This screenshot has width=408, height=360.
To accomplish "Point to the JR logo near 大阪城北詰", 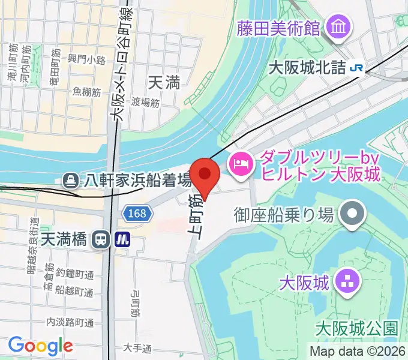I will pos(356,68).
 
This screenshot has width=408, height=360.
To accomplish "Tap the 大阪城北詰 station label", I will pos(306,68).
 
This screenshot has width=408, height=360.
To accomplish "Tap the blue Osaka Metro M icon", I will pos(123,239).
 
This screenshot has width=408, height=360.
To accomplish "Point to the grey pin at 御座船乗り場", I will pos(352,214).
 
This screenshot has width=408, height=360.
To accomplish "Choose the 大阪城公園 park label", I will pos(356,328).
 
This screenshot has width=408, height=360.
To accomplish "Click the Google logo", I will pos(40,346).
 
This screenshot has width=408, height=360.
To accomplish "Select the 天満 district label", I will pos(164,82).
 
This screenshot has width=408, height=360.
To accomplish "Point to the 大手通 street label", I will pos(137,347).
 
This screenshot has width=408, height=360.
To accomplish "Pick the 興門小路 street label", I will pos(86,59).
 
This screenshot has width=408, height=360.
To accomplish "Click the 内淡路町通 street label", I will pos(70,322).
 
